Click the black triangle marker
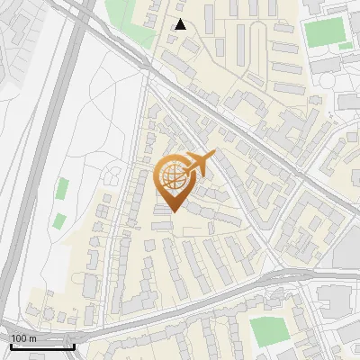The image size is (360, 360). click(181, 24)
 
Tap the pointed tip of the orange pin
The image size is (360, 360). click(174, 211)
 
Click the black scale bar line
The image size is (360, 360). click(42, 346)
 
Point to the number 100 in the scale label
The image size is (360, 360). click(19, 338)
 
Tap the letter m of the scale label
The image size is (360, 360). click(31, 338)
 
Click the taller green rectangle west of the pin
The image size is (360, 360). click(62, 189)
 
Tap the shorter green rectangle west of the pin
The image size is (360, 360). click(59, 220)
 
